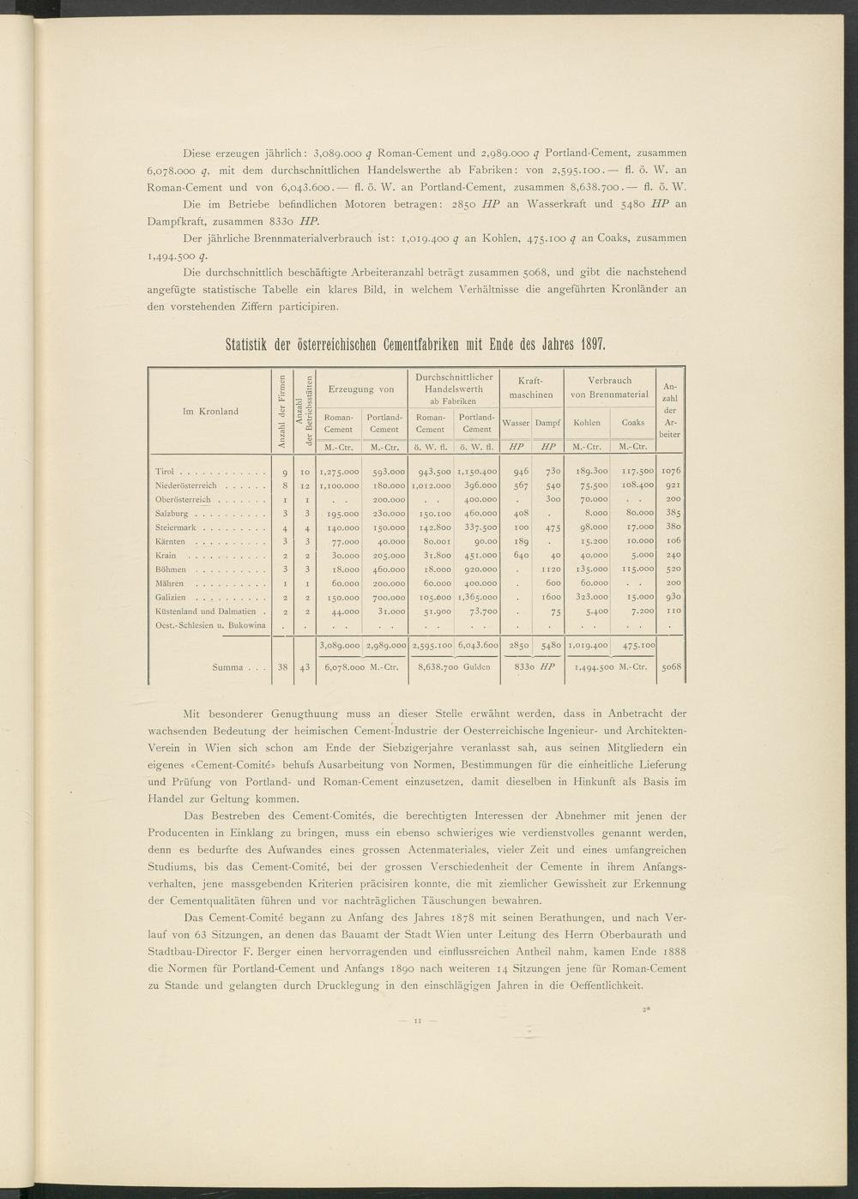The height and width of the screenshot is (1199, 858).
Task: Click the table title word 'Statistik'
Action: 250,346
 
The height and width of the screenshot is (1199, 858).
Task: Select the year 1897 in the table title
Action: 593,346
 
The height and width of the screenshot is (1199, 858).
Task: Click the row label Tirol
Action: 165,471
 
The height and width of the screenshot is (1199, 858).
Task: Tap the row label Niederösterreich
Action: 184,485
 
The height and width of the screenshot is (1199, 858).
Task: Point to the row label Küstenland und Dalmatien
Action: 202,611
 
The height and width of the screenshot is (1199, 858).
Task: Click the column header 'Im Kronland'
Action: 210,412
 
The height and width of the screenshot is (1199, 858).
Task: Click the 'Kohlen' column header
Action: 587,423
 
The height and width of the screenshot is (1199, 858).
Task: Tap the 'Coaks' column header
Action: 633,423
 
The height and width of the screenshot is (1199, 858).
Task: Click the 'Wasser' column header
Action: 515,423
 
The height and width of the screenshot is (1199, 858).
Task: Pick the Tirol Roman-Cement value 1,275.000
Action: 338,471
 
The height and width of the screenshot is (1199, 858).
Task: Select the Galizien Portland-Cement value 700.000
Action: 384,596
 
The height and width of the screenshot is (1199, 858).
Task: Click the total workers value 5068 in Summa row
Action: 672,666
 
